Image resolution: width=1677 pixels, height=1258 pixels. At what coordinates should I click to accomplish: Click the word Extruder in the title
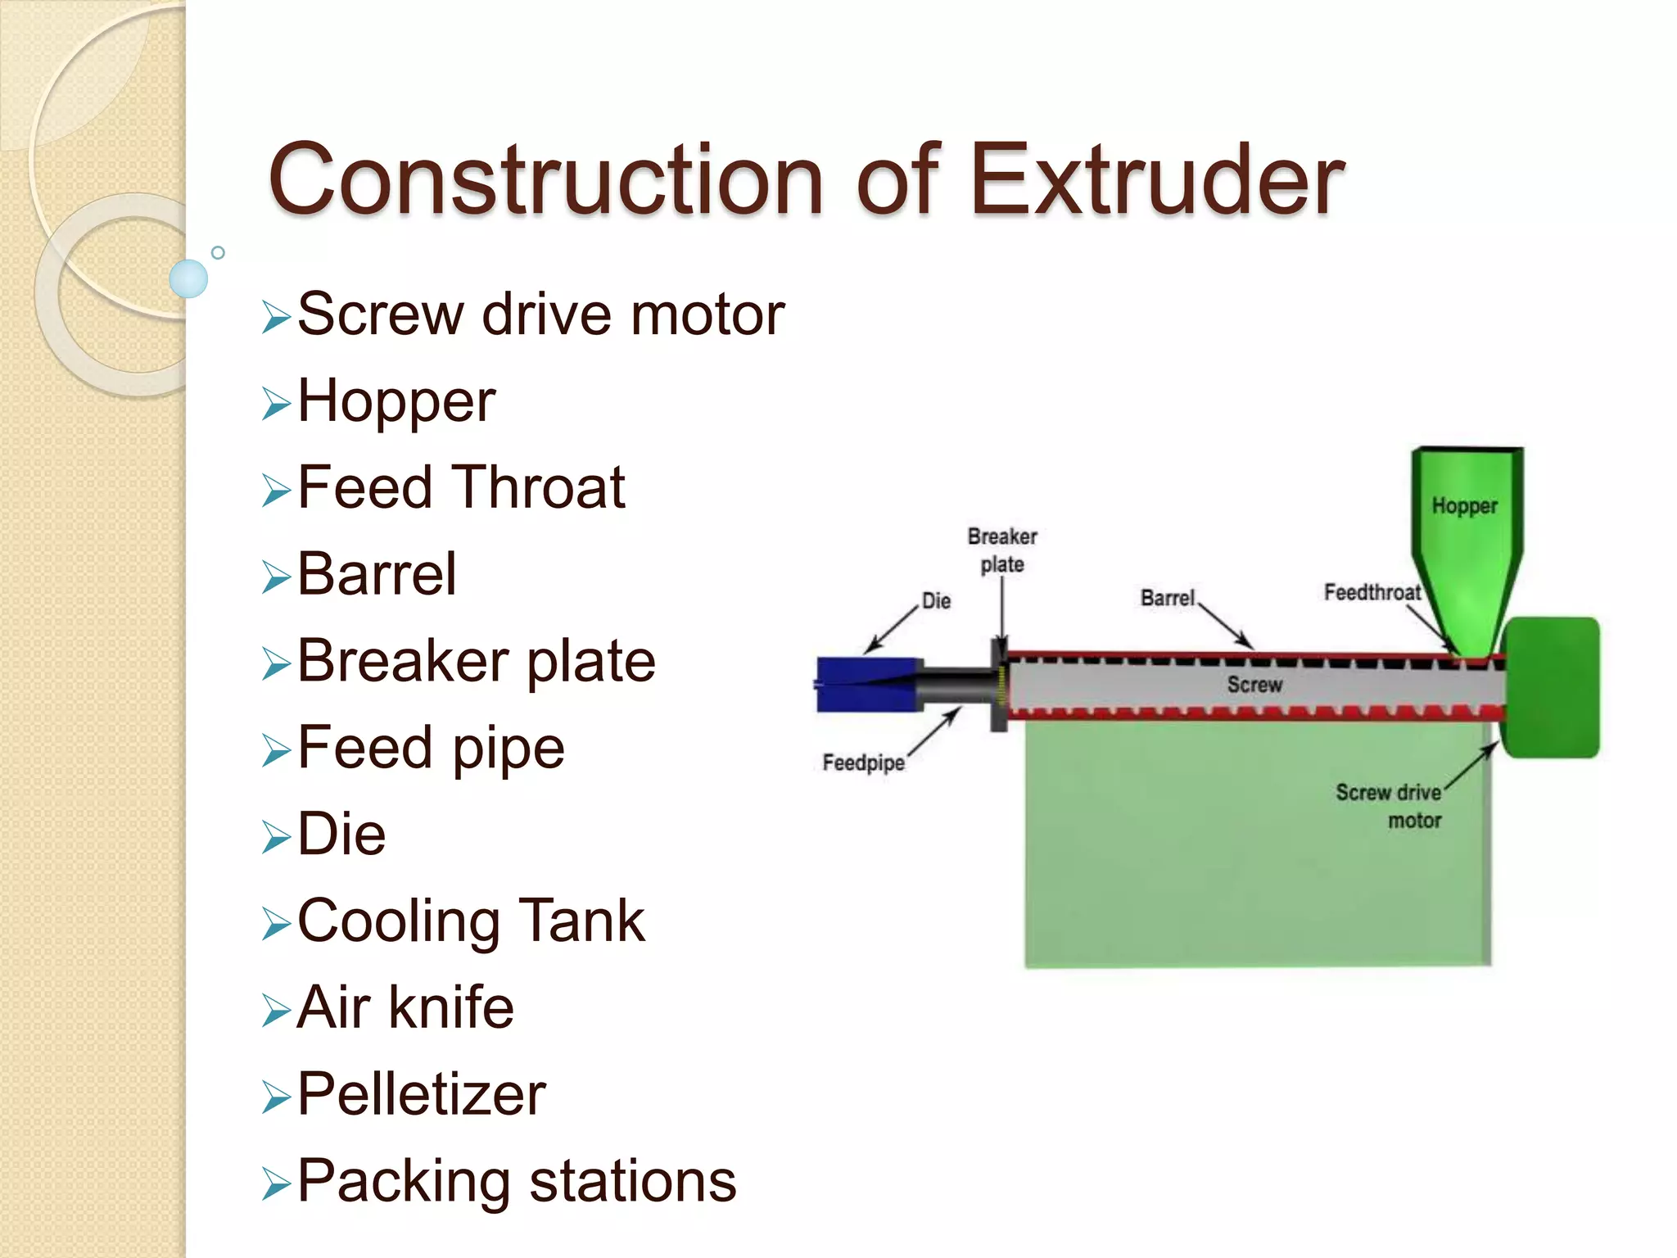(x=1156, y=179)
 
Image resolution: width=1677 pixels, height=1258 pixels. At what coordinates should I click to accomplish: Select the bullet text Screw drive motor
(x=540, y=314)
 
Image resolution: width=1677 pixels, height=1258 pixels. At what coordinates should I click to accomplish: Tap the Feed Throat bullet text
(x=461, y=488)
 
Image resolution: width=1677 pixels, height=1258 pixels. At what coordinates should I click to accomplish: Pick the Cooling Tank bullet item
(x=471, y=921)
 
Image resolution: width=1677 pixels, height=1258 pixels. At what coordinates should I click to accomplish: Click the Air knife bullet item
(x=405, y=1007)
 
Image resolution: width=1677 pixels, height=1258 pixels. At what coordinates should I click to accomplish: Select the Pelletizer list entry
(x=421, y=1094)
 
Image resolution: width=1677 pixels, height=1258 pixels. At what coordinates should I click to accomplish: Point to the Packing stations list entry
(x=516, y=1181)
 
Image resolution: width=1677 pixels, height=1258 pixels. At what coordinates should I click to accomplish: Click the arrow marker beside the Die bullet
(x=276, y=838)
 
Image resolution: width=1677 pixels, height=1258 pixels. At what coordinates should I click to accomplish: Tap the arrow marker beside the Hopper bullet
(x=276, y=405)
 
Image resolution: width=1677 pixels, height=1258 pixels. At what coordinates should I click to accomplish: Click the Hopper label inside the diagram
(x=1464, y=506)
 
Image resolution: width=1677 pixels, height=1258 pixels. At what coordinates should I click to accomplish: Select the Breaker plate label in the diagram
(x=1002, y=550)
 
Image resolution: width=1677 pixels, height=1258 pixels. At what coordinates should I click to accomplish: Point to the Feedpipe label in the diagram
(x=863, y=762)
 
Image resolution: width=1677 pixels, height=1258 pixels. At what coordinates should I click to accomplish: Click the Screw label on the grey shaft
(x=1254, y=685)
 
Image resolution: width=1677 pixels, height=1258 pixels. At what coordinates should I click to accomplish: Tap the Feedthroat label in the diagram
(x=1372, y=592)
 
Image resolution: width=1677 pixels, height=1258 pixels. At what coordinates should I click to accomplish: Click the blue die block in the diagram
(x=866, y=684)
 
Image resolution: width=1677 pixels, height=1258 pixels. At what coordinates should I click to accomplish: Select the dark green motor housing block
(x=1552, y=688)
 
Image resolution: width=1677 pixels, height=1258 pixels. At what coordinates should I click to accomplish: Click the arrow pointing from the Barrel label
(x=1225, y=627)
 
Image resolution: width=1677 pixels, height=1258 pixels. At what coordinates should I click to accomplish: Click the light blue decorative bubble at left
(x=188, y=278)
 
